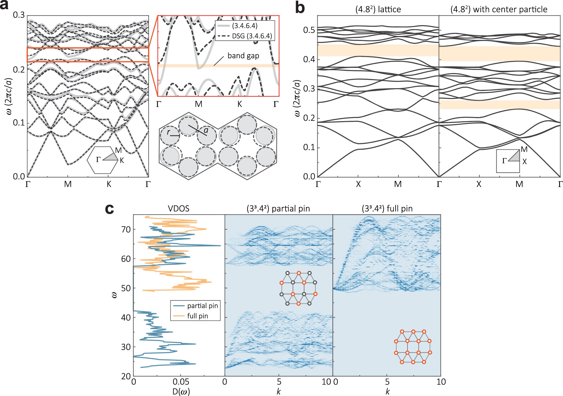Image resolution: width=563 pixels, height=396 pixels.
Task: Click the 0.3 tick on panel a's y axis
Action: [x=18, y=15]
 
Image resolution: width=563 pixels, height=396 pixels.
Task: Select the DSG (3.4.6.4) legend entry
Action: [x=251, y=36]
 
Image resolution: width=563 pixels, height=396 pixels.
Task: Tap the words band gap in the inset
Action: [x=243, y=56]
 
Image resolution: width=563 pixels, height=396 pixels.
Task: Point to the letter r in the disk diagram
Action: [x=168, y=132]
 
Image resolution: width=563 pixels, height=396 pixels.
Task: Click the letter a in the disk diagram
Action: [x=206, y=130]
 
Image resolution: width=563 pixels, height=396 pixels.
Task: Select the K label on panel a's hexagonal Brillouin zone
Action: [x=122, y=161]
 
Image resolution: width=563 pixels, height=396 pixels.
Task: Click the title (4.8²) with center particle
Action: [x=499, y=10]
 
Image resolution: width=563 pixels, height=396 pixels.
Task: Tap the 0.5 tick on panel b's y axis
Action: [x=309, y=30]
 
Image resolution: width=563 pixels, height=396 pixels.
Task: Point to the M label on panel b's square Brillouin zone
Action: [x=524, y=149]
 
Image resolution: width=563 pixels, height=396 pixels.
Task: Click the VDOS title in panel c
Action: [x=178, y=209]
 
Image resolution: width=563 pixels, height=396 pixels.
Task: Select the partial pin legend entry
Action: [x=202, y=306]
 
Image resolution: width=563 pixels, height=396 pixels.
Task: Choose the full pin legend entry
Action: [x=197, y=316]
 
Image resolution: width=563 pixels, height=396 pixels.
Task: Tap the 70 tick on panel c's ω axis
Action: [x=126, y=230]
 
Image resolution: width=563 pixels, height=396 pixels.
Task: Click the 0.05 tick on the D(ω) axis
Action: [x=181, y=382]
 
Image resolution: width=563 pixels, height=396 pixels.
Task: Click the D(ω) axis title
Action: [x=181, y=391]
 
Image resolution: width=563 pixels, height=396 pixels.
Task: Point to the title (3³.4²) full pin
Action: [x=387, y=209]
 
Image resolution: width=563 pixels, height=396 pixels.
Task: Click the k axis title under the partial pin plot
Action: [x=279, y=391]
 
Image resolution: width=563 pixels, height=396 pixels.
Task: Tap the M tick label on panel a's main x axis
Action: [x=68, y=184]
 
